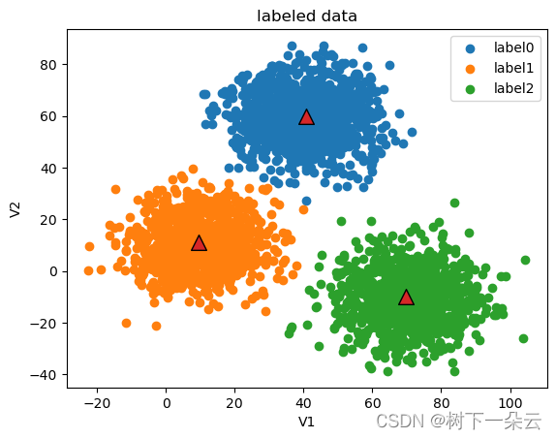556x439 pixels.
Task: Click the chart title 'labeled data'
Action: [307, 16]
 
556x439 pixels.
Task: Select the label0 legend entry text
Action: [513, 47]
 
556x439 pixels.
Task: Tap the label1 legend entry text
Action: [513, 68]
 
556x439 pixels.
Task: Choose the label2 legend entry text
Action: [513, 88]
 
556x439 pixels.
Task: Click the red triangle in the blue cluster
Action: [306, 117]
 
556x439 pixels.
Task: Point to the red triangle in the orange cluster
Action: [199, 243]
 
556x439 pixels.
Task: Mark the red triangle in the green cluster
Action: [406, 298]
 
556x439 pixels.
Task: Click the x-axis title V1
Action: [306, 422]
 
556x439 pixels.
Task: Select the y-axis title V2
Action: [15, 209]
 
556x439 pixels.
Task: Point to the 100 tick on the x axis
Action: [510, 403]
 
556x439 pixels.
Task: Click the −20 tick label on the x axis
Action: [97, 403]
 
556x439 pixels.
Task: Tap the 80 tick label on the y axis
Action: [48, 65]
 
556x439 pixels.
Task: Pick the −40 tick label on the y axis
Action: [44, 375]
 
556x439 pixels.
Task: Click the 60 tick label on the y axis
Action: [48, 116]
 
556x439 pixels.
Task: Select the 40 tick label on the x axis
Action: [303, 403]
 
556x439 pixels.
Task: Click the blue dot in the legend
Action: [470, 48]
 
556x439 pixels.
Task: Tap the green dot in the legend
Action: [470, 89]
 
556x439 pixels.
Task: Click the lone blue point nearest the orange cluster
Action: [306, 202]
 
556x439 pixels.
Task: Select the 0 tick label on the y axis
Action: [53, 271]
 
